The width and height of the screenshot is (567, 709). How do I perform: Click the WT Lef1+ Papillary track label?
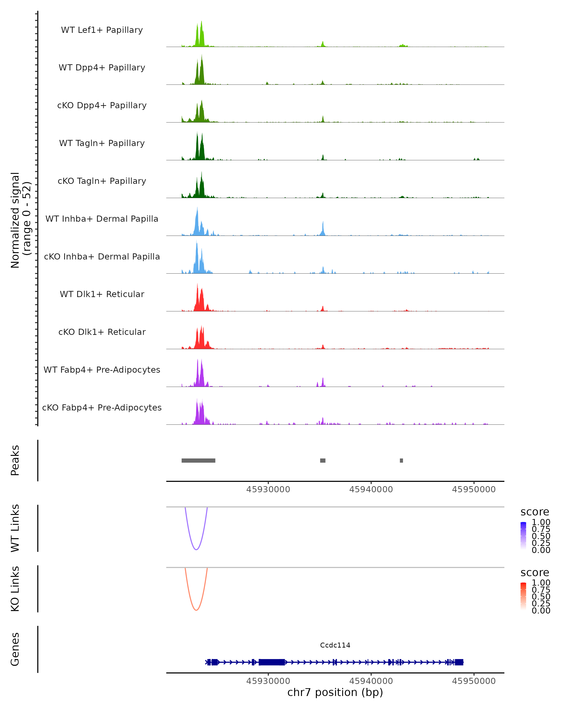click(102, 30)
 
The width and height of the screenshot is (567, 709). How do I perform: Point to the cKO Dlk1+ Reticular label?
click(102, 332)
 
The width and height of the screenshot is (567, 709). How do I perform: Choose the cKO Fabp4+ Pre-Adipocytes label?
click(102, 407)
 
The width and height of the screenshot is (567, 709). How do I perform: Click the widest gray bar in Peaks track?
click(198, 460)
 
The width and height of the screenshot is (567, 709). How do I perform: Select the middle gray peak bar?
click(322, 460)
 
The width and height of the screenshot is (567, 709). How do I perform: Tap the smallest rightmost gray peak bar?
click(401, 460)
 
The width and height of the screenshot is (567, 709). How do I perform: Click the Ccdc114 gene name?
click(335, 645)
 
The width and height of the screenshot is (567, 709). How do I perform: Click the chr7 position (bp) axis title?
click(335, 692)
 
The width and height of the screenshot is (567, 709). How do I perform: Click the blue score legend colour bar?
click(523, 535)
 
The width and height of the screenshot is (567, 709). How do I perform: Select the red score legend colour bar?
click(523, 596)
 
